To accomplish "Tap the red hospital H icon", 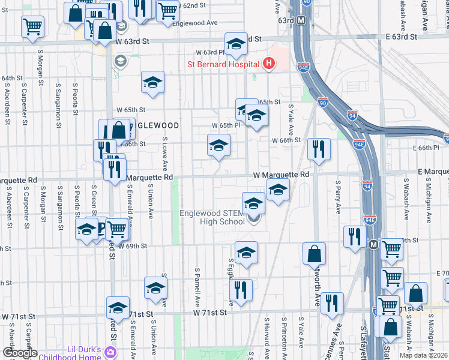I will click(x=269, y=63).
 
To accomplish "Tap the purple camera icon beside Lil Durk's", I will click(x=110, y=351).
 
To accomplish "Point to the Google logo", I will click(x=20, y=353).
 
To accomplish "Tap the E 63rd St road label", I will click(x=401, y=37).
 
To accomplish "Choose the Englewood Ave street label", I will click(x=194, y=22).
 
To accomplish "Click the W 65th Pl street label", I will click(x=226, y=125).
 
